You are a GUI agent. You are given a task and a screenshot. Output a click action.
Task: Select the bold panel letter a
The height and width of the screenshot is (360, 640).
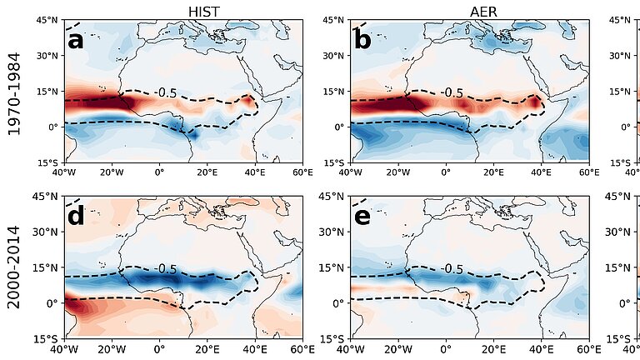click(76, 40)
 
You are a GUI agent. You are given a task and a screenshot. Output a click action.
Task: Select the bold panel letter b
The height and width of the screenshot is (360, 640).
click(362, 40)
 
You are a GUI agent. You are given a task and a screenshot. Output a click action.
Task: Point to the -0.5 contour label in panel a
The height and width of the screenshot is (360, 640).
click(165, 92)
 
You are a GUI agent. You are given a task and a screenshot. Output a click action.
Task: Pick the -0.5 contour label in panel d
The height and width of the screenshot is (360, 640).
click(165, 269)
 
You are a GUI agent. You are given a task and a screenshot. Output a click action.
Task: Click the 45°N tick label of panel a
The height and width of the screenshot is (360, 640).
click(47, 20)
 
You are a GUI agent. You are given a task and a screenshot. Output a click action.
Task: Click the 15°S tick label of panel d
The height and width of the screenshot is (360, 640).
click(47, 339)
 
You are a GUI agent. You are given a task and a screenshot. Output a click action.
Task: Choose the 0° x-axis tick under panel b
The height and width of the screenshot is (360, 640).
click(446, 173)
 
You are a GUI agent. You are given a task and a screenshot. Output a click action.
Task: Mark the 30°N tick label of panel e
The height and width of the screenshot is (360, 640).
click(333, 232)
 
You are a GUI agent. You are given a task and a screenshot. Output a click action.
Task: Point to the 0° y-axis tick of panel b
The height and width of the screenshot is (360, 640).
click(339, 127)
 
